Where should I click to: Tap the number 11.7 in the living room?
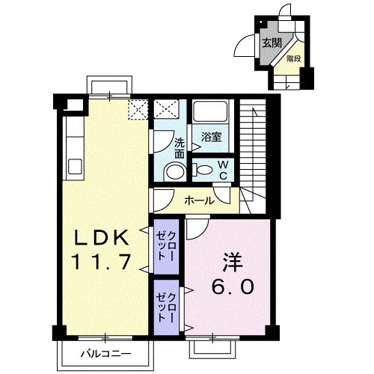pos(102,262)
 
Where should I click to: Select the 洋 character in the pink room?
pos(233,263)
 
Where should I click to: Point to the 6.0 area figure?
pos(233,286)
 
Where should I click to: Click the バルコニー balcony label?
pos(106,353)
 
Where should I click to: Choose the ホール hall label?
pos(200,200)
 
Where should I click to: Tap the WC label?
pos(223,170)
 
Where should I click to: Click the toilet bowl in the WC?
pos(204,170)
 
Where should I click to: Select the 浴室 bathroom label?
pos(212,137)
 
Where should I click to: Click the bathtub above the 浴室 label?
pos(211,111)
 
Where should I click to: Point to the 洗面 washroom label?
pos(180,148)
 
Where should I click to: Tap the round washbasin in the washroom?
pos(175,171)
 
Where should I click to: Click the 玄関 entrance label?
pos(272,43)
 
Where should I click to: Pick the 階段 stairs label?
pos(294,59)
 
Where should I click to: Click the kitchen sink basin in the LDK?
pos(75,167)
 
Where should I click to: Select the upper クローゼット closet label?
pos(166,246)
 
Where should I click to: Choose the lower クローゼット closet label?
pos(166,307)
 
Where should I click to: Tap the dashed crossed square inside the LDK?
pos(138,110)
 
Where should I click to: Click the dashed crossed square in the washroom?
pos(166,109)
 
